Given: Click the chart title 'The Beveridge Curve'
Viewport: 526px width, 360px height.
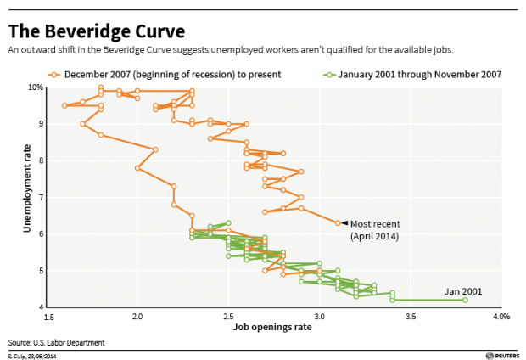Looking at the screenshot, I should (x=97, y=31).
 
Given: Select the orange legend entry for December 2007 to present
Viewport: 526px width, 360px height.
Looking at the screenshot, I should (x=170, y=74).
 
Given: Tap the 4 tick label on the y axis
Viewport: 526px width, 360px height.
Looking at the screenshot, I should (x=39, y=307).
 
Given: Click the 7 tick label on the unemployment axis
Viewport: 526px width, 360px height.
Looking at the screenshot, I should (x=39, y=197).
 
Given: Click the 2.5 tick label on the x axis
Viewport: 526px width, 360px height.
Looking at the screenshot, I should (x=228, y=317).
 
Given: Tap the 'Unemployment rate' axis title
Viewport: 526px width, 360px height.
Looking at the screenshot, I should (x=15, y=198).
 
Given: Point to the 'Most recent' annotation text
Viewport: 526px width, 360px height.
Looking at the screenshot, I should (x=373, y=223).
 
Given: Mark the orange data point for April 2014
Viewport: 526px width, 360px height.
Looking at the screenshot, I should (x=338, y=223).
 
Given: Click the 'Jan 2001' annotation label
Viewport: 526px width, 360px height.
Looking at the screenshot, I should (x=463, y=291).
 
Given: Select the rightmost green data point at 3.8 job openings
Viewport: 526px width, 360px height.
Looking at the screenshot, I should (x=465, y=300).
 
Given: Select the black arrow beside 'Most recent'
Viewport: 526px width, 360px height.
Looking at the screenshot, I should (x=344, y=223).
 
